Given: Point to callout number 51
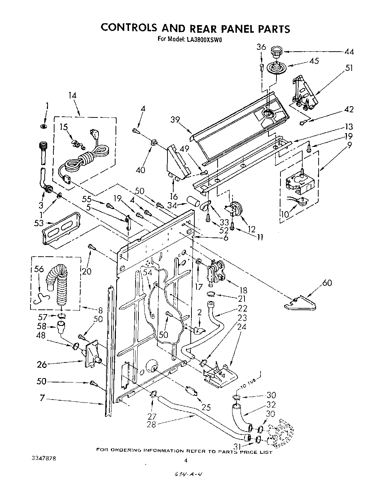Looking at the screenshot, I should [349, 68].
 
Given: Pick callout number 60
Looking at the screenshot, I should [327, 282].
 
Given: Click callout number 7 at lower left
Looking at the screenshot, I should [43, 398].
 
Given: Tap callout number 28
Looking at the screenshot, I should [151, 424].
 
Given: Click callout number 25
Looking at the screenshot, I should [206, 408].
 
